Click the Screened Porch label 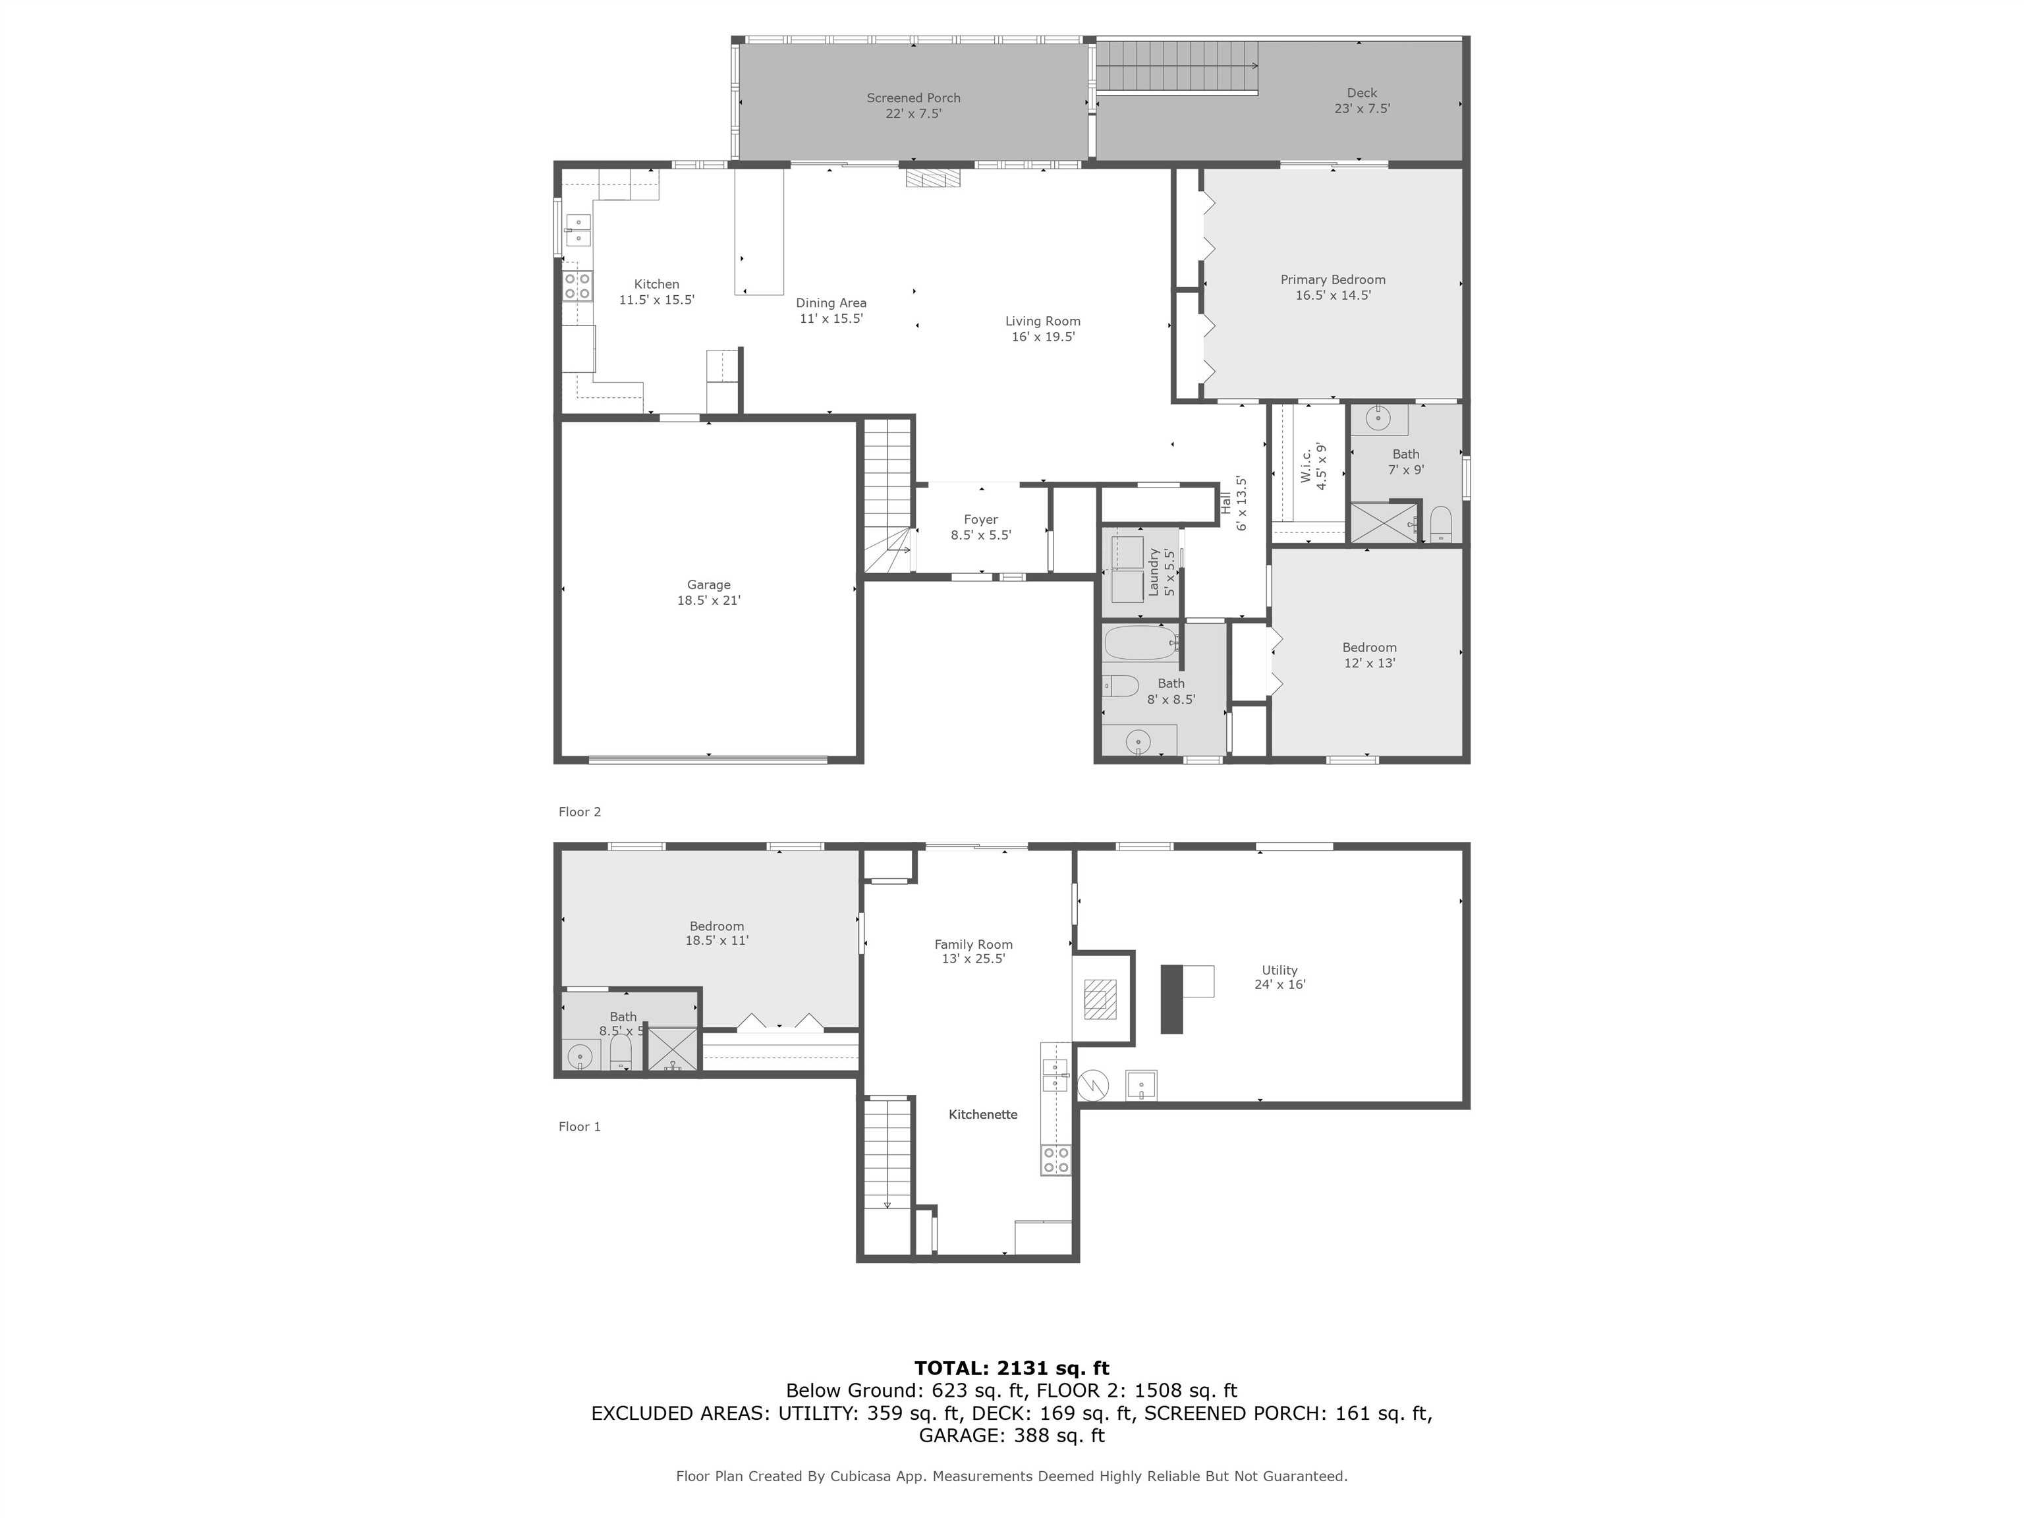click(x=913, y=105)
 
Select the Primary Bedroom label click(x=1332, y=287)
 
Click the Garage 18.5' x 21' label click(x=708, y=592)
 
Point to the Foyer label click(x=980, y=527)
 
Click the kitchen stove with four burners click(x=577, y=285)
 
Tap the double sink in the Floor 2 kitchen click(x=577, y=230)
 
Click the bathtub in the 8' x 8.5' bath click(x=1140, y=642)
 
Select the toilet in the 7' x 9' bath click(x=1440, y=523)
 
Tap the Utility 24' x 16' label click(x=1279, y=977)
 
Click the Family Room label click(x=972, y=951)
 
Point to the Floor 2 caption click(x=579, y=812)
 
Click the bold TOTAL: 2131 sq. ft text click(x=1011, y=1368)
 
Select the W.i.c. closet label click(x=1314, y=466)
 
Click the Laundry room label click(x=1161, y=573)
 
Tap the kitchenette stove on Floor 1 click(x=1055, y=1160)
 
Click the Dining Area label click(x=831, y=310)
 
